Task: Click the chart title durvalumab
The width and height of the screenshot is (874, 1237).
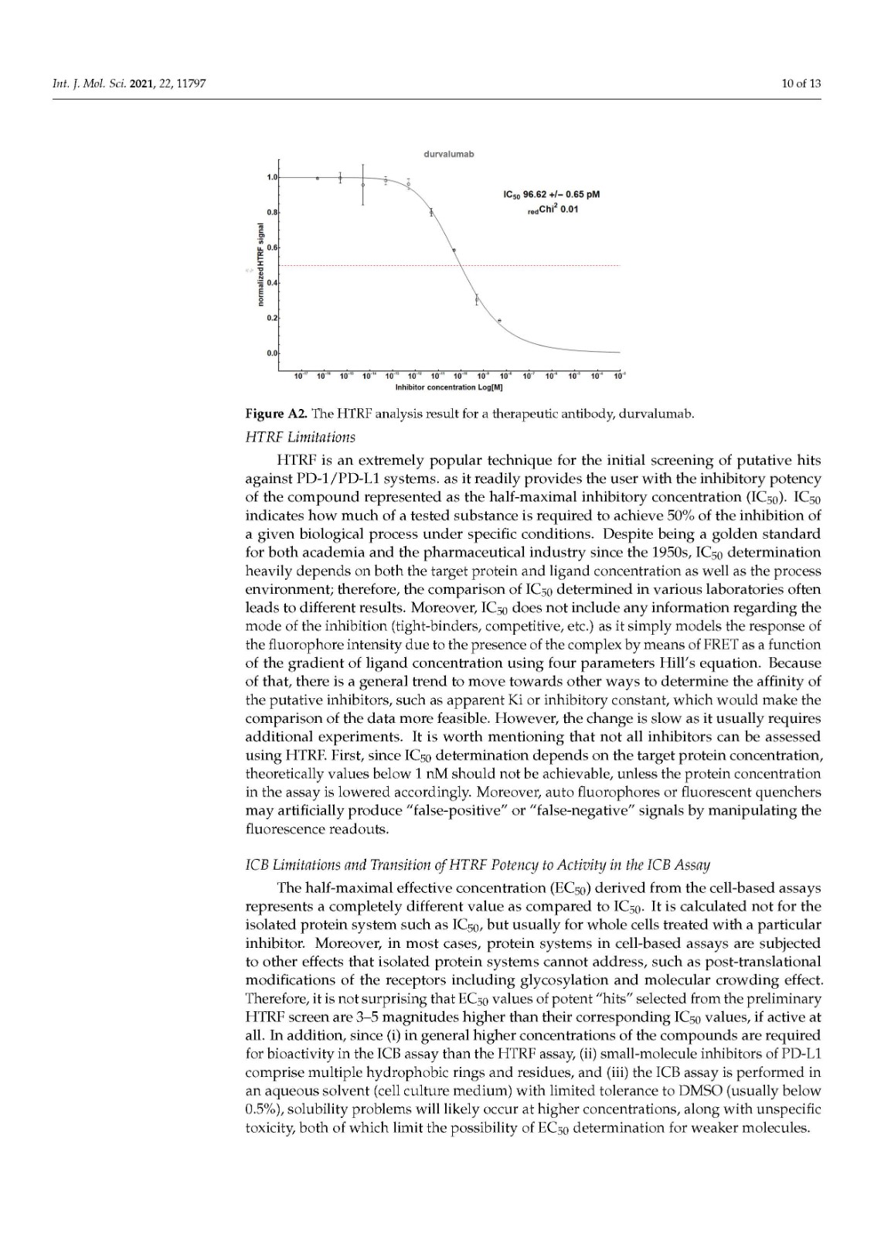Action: pyautogui.click(x=448, y=154)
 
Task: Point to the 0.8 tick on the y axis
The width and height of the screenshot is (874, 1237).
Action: pyautogui.click(x=272, y=211)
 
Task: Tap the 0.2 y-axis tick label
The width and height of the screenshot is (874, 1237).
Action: pyautogui.click(x=272, y=318)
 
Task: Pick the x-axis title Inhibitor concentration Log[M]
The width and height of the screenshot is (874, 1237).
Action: pyautogui.click(x=449, y=386)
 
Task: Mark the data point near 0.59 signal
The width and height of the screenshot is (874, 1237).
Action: pyautogui.click(x=454, y=250)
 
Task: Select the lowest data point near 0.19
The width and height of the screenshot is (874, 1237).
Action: pyautogui.click(x=499, y=320)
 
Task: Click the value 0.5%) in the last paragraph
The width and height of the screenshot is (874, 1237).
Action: pyautogui.click(x=263, y=1109)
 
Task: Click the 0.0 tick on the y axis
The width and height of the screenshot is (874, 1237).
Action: pyautogui.click(x=272, y=353)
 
